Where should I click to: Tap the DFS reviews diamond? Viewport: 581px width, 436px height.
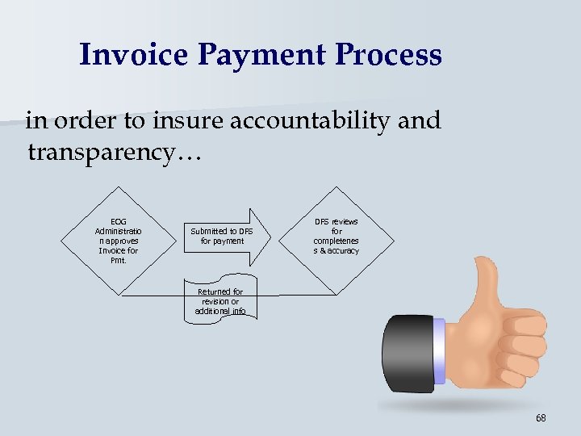pos(336,236)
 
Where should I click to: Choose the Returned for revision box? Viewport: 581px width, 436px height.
pos(220,301)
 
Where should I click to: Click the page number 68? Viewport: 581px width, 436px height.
pos(540,417)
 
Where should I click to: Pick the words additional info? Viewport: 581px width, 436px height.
pos(220,312)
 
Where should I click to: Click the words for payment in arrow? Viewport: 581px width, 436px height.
pos(222,241)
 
